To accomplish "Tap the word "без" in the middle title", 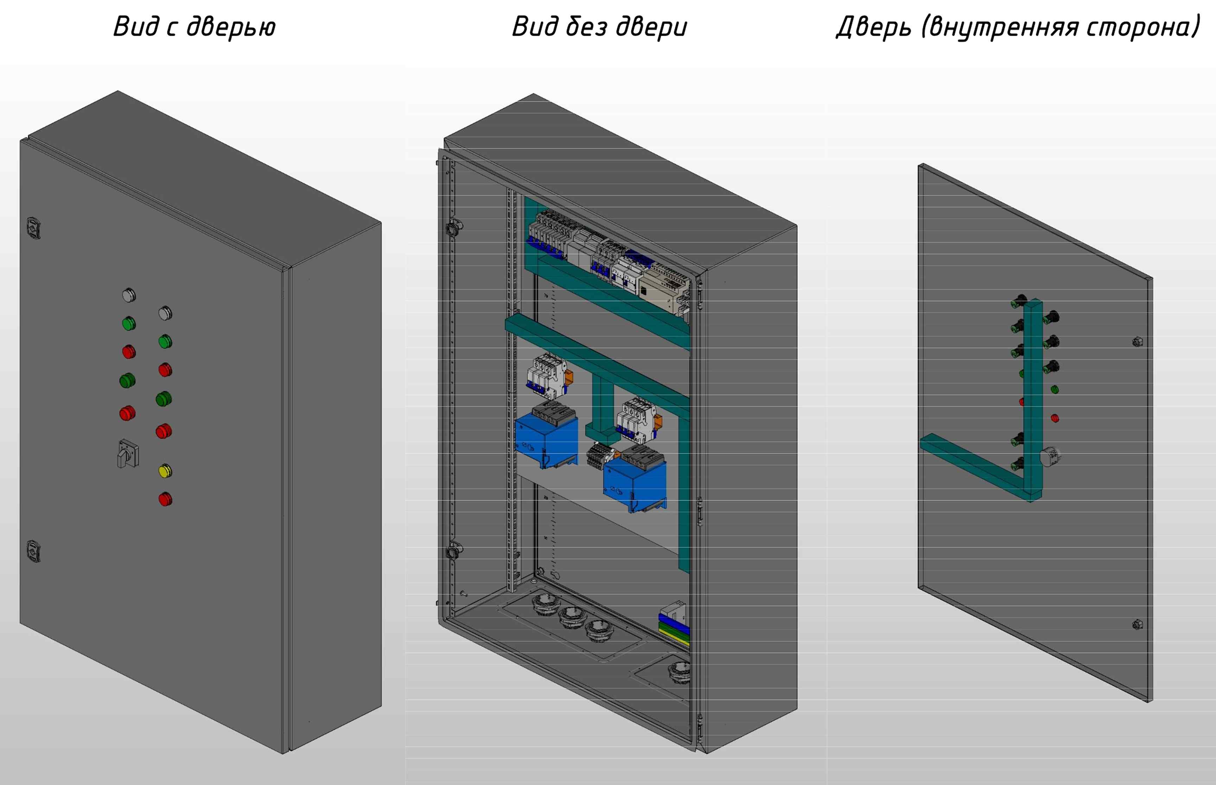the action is click(x=584, y=26).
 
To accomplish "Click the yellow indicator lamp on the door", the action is click(x=165, y=471).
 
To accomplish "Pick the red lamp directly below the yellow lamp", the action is click(x=165, y=499).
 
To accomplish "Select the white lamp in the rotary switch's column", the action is click(x=129, y=295).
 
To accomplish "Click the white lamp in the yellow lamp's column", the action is click(x=165, y=313).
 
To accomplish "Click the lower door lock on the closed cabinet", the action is click(x=33, y=551).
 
